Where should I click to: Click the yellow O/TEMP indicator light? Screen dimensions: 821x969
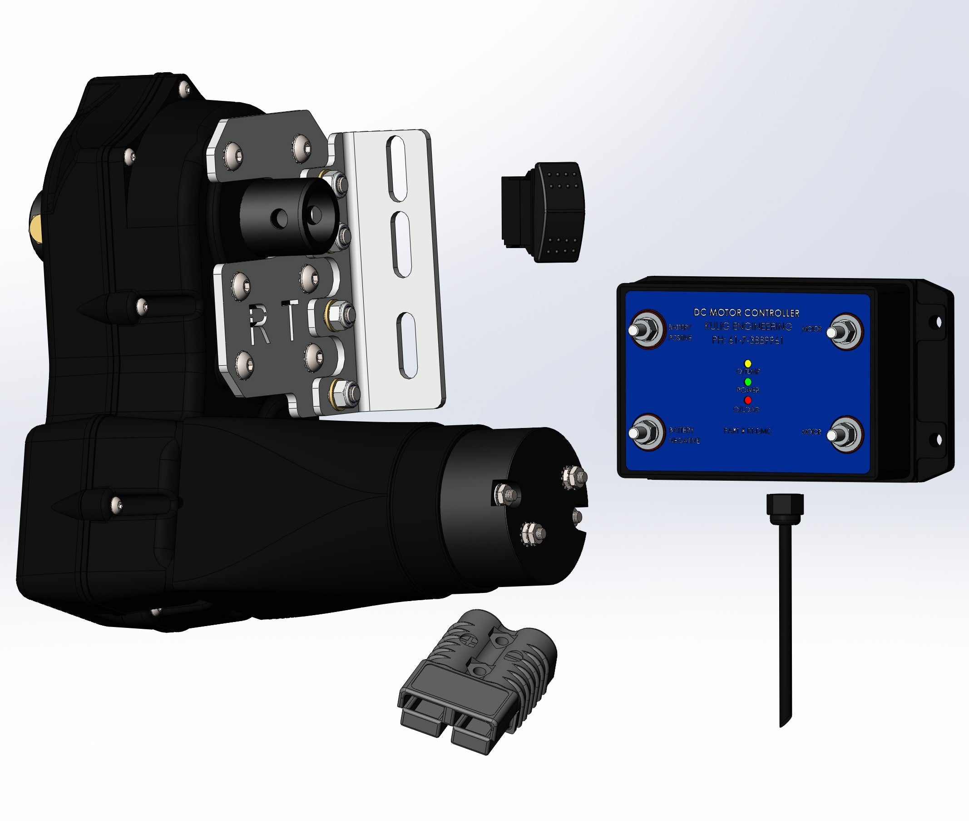click(x=748, y=363)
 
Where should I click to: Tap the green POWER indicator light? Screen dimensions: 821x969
click(x=748, y=382)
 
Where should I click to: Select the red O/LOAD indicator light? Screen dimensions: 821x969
click(x=748, y=400)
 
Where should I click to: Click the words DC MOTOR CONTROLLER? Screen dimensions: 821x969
click(x=746, y=313)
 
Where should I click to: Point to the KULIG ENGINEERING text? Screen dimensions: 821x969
click(x=748, y=326)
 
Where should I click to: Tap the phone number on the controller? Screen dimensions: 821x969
click(x=747, y=340)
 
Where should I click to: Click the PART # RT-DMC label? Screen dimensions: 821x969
click(x=747, y=431)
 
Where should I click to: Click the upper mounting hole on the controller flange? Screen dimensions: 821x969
click(x=938, y=322)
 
